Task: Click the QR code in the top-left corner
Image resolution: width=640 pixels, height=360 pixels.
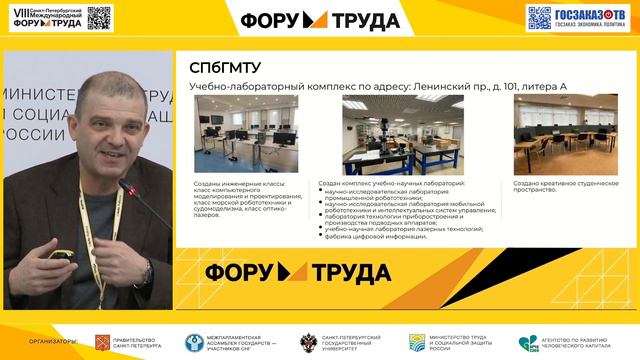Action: [99, 17]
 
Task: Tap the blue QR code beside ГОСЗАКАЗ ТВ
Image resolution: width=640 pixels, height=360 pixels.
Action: [540, 18]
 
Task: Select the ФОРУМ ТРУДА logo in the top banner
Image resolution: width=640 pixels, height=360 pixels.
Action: [319, 19]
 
